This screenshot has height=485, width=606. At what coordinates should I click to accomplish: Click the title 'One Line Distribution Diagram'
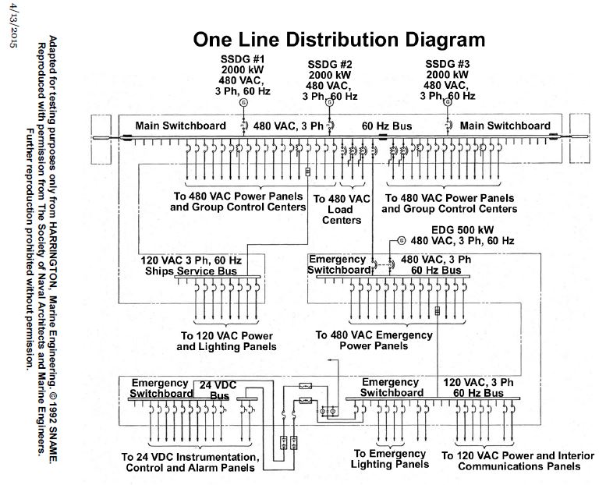click(x=338, y=39)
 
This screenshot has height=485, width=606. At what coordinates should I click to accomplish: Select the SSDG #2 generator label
click(x=330, y=80)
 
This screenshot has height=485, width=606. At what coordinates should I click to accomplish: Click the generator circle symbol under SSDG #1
click(x=243, y=102)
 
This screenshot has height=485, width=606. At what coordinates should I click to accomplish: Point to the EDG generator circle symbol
click(x=401, y=240)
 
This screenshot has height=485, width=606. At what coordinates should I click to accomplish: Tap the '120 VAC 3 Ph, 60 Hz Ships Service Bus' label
click(x=191, y=265)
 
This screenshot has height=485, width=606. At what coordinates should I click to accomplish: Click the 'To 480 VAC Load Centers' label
click(x=342, y=209)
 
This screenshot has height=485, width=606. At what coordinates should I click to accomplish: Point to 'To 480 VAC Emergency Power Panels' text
click(x=374, y=340)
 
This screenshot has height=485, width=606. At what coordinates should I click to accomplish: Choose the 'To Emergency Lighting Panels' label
click(x=390, y=458)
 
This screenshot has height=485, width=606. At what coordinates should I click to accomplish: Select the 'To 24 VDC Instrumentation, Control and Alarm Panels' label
click(x=190, y=462)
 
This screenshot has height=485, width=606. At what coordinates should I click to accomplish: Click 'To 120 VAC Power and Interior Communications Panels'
click(x=511, y=461)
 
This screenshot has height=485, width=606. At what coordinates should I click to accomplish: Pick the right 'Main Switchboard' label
click(x=505, y=125)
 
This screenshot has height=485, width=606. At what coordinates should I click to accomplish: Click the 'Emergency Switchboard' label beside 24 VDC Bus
click(x=160, y=388)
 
